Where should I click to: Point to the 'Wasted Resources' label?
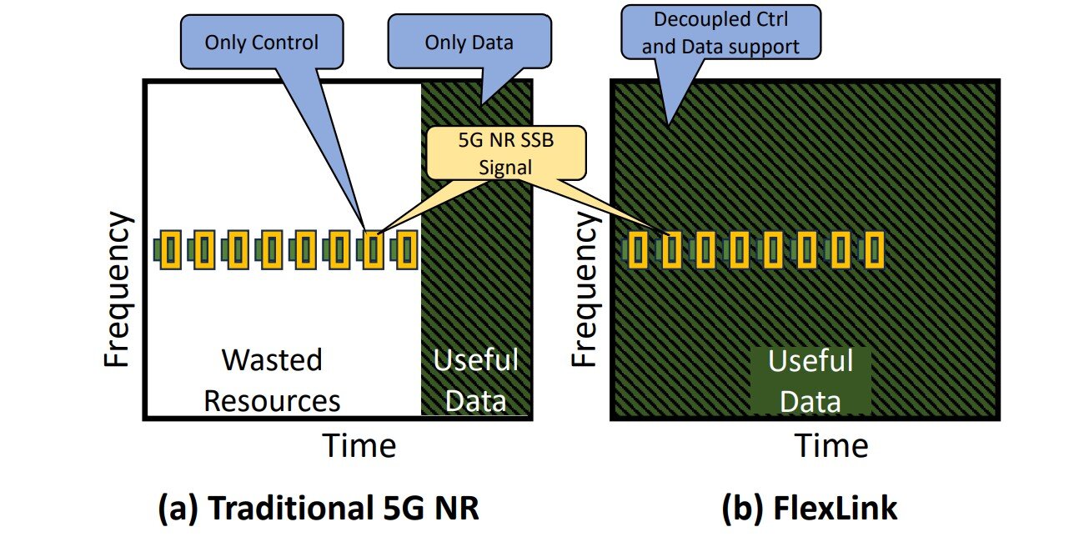tap(272, 380)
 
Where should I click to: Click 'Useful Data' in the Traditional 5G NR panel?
tap(475, 380)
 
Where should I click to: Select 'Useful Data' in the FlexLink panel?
tap(810, 382)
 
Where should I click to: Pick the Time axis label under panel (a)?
tap(359, 445)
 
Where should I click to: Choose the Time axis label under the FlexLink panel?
tap(831, 445)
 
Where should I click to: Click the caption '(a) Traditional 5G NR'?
tap(319, 508)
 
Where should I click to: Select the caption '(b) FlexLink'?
tap(809, 508)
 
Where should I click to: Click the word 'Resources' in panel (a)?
tap(272, 400)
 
